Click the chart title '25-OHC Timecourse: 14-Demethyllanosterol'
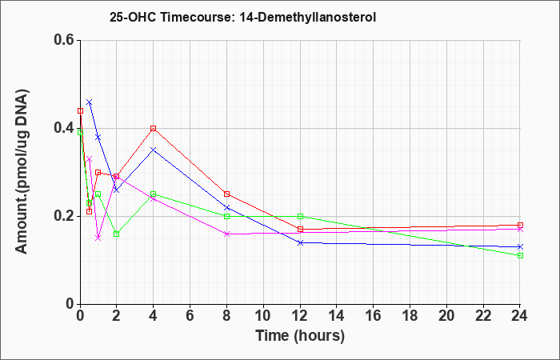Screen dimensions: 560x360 click(x=242, y=17)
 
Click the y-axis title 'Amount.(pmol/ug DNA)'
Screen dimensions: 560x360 click(x=22, y=171)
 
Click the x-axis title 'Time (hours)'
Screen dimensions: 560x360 click(x=300, y=336)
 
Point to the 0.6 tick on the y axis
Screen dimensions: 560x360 click(x=65, y=40)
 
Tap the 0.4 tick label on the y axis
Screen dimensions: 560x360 click(x=65, y=128)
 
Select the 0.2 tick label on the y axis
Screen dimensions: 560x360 click(x=65, y=216)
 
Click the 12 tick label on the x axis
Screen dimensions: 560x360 click(x=300, y=316)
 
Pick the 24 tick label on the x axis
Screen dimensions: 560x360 click(x=519, y=316)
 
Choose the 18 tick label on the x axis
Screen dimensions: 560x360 click(x=410, y=316)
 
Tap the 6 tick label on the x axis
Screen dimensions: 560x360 click(x=190, y=316)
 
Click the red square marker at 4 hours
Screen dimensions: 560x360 click(x=154, y=128)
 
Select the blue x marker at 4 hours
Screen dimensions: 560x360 click(x=154, y=150)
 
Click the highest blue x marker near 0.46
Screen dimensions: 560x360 click(x=90, y=102)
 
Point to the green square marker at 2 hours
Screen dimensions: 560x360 click(x=117, y=234)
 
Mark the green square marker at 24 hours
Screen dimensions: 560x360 click(x=520, y=255)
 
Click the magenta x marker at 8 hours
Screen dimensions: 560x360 click(x=226, y=234)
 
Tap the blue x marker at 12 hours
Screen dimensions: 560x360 click(x=300, y=243)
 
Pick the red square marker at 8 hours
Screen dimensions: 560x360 click(x=226, y=194)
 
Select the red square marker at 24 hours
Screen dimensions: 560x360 click(x=520, y=225)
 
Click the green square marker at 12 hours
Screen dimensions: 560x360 click(x=300, y=216)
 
